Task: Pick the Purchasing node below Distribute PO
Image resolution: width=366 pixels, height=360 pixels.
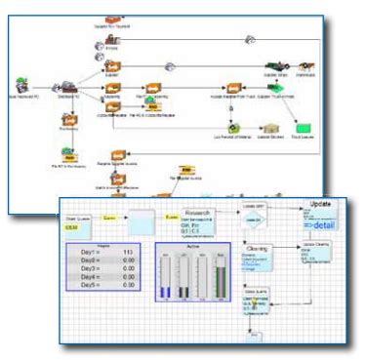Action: tap(67, 118)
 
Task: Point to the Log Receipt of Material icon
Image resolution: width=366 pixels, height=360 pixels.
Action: tap(233, 127)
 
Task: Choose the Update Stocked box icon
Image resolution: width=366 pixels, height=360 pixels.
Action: tap(265, 127)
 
